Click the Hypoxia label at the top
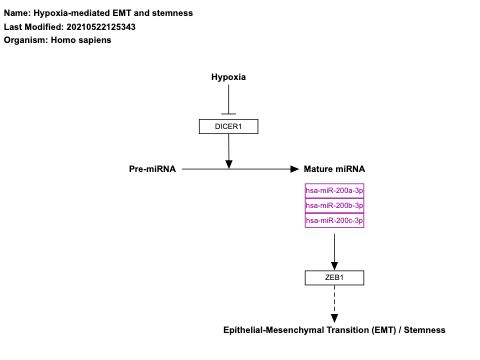228,77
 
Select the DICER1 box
228,126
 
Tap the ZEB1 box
334,277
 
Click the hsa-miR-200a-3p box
334,190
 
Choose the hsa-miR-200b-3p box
334,205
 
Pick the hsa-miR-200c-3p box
334,220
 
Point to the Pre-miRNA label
152,169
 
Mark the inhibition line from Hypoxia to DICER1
228,100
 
